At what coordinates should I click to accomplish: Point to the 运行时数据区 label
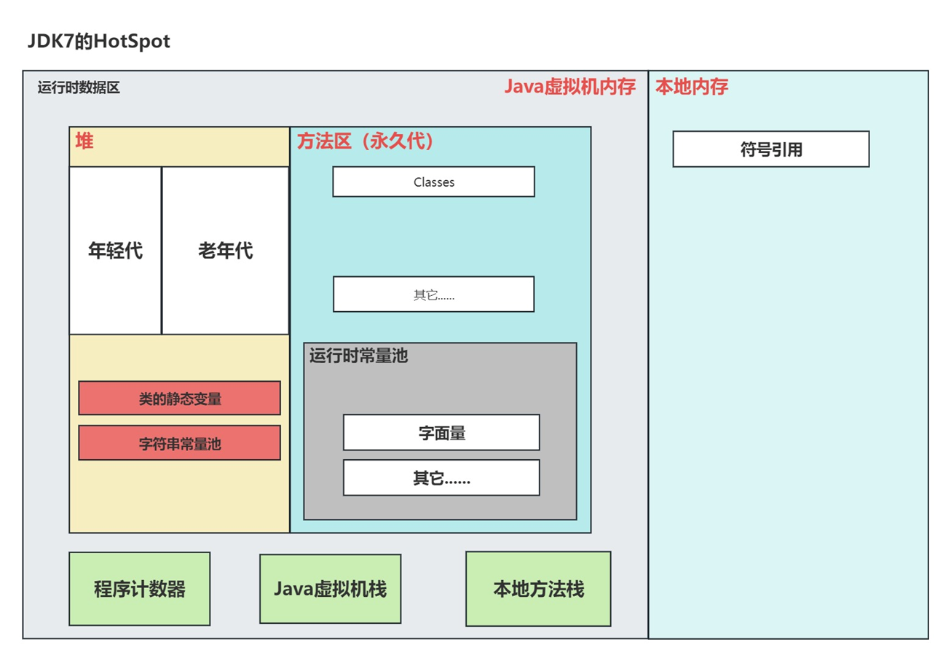point(79,88)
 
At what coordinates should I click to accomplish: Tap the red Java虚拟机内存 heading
point(570,87)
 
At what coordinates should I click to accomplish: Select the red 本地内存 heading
point(692,87)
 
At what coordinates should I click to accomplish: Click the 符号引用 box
point(770,149)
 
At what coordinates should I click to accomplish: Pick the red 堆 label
point(84,141)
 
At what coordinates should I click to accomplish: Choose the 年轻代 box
point(115,251)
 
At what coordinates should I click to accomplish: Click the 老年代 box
point(225,251)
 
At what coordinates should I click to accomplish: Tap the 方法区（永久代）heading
point(366,141)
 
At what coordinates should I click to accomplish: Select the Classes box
point(433,182)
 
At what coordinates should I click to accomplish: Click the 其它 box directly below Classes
point(433,294)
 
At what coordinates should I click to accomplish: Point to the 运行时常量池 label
point(358,356)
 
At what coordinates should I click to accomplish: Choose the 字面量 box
point(441,433)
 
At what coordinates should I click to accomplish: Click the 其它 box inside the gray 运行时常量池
point(441,478)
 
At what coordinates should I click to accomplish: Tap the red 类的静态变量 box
point(179,398)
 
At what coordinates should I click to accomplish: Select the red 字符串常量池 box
point(179,443)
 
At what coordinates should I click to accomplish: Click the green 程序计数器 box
point(139,589)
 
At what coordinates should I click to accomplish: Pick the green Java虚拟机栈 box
point(330,589)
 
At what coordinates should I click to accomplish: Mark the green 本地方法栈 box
point(538,589)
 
